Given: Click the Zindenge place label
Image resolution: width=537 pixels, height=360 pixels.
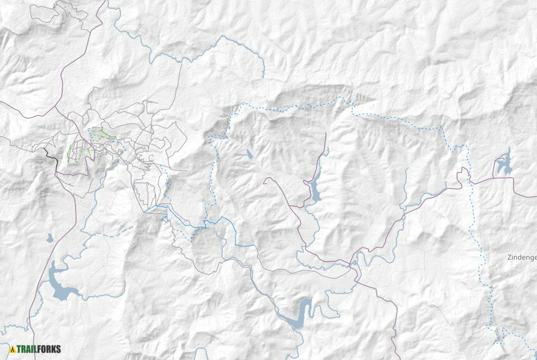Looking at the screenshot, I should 521,258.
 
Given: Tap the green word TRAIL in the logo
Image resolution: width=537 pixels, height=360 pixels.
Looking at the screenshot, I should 28,349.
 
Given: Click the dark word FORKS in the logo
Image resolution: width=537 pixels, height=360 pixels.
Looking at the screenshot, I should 50,349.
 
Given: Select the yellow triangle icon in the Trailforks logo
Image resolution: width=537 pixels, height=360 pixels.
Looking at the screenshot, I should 12,349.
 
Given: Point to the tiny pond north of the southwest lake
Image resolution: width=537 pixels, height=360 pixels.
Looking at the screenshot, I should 49,238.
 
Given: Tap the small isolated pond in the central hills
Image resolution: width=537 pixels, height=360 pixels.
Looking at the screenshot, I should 250,153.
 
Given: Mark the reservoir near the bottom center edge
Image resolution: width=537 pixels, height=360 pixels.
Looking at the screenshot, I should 299,313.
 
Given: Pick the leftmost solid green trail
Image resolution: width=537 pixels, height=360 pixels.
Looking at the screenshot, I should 69,153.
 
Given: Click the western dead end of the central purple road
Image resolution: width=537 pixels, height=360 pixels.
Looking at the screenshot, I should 264,179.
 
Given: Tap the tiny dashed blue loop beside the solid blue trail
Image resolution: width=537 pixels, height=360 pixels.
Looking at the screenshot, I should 166,219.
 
